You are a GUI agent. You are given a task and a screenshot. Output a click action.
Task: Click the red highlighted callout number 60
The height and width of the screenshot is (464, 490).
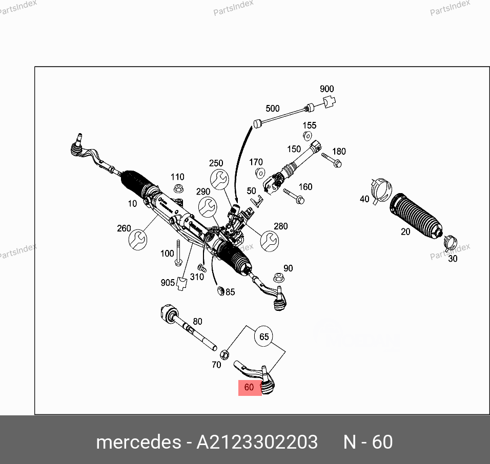pos(249,388)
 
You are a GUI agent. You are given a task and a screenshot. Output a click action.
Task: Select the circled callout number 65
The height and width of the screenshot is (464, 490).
pos(264,336)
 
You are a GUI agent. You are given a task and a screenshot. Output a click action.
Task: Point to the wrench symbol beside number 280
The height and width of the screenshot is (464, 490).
pos(270,240)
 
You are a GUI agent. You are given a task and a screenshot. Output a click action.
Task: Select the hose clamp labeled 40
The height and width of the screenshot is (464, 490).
pos(380,189)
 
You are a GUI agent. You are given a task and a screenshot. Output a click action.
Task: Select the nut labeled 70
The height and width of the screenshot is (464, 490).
pos(224,354)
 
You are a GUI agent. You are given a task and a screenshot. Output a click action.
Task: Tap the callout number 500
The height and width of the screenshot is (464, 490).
pos(272,109)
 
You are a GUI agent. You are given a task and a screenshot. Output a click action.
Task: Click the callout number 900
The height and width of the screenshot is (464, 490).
pos(326,89)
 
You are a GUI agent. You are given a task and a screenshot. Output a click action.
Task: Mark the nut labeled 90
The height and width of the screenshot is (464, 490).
pos(279,277)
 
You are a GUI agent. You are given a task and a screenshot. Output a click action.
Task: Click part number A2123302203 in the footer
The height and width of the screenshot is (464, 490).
pos(257,442)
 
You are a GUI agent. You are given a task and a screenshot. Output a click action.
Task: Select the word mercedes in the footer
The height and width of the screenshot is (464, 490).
pos(137,442)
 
